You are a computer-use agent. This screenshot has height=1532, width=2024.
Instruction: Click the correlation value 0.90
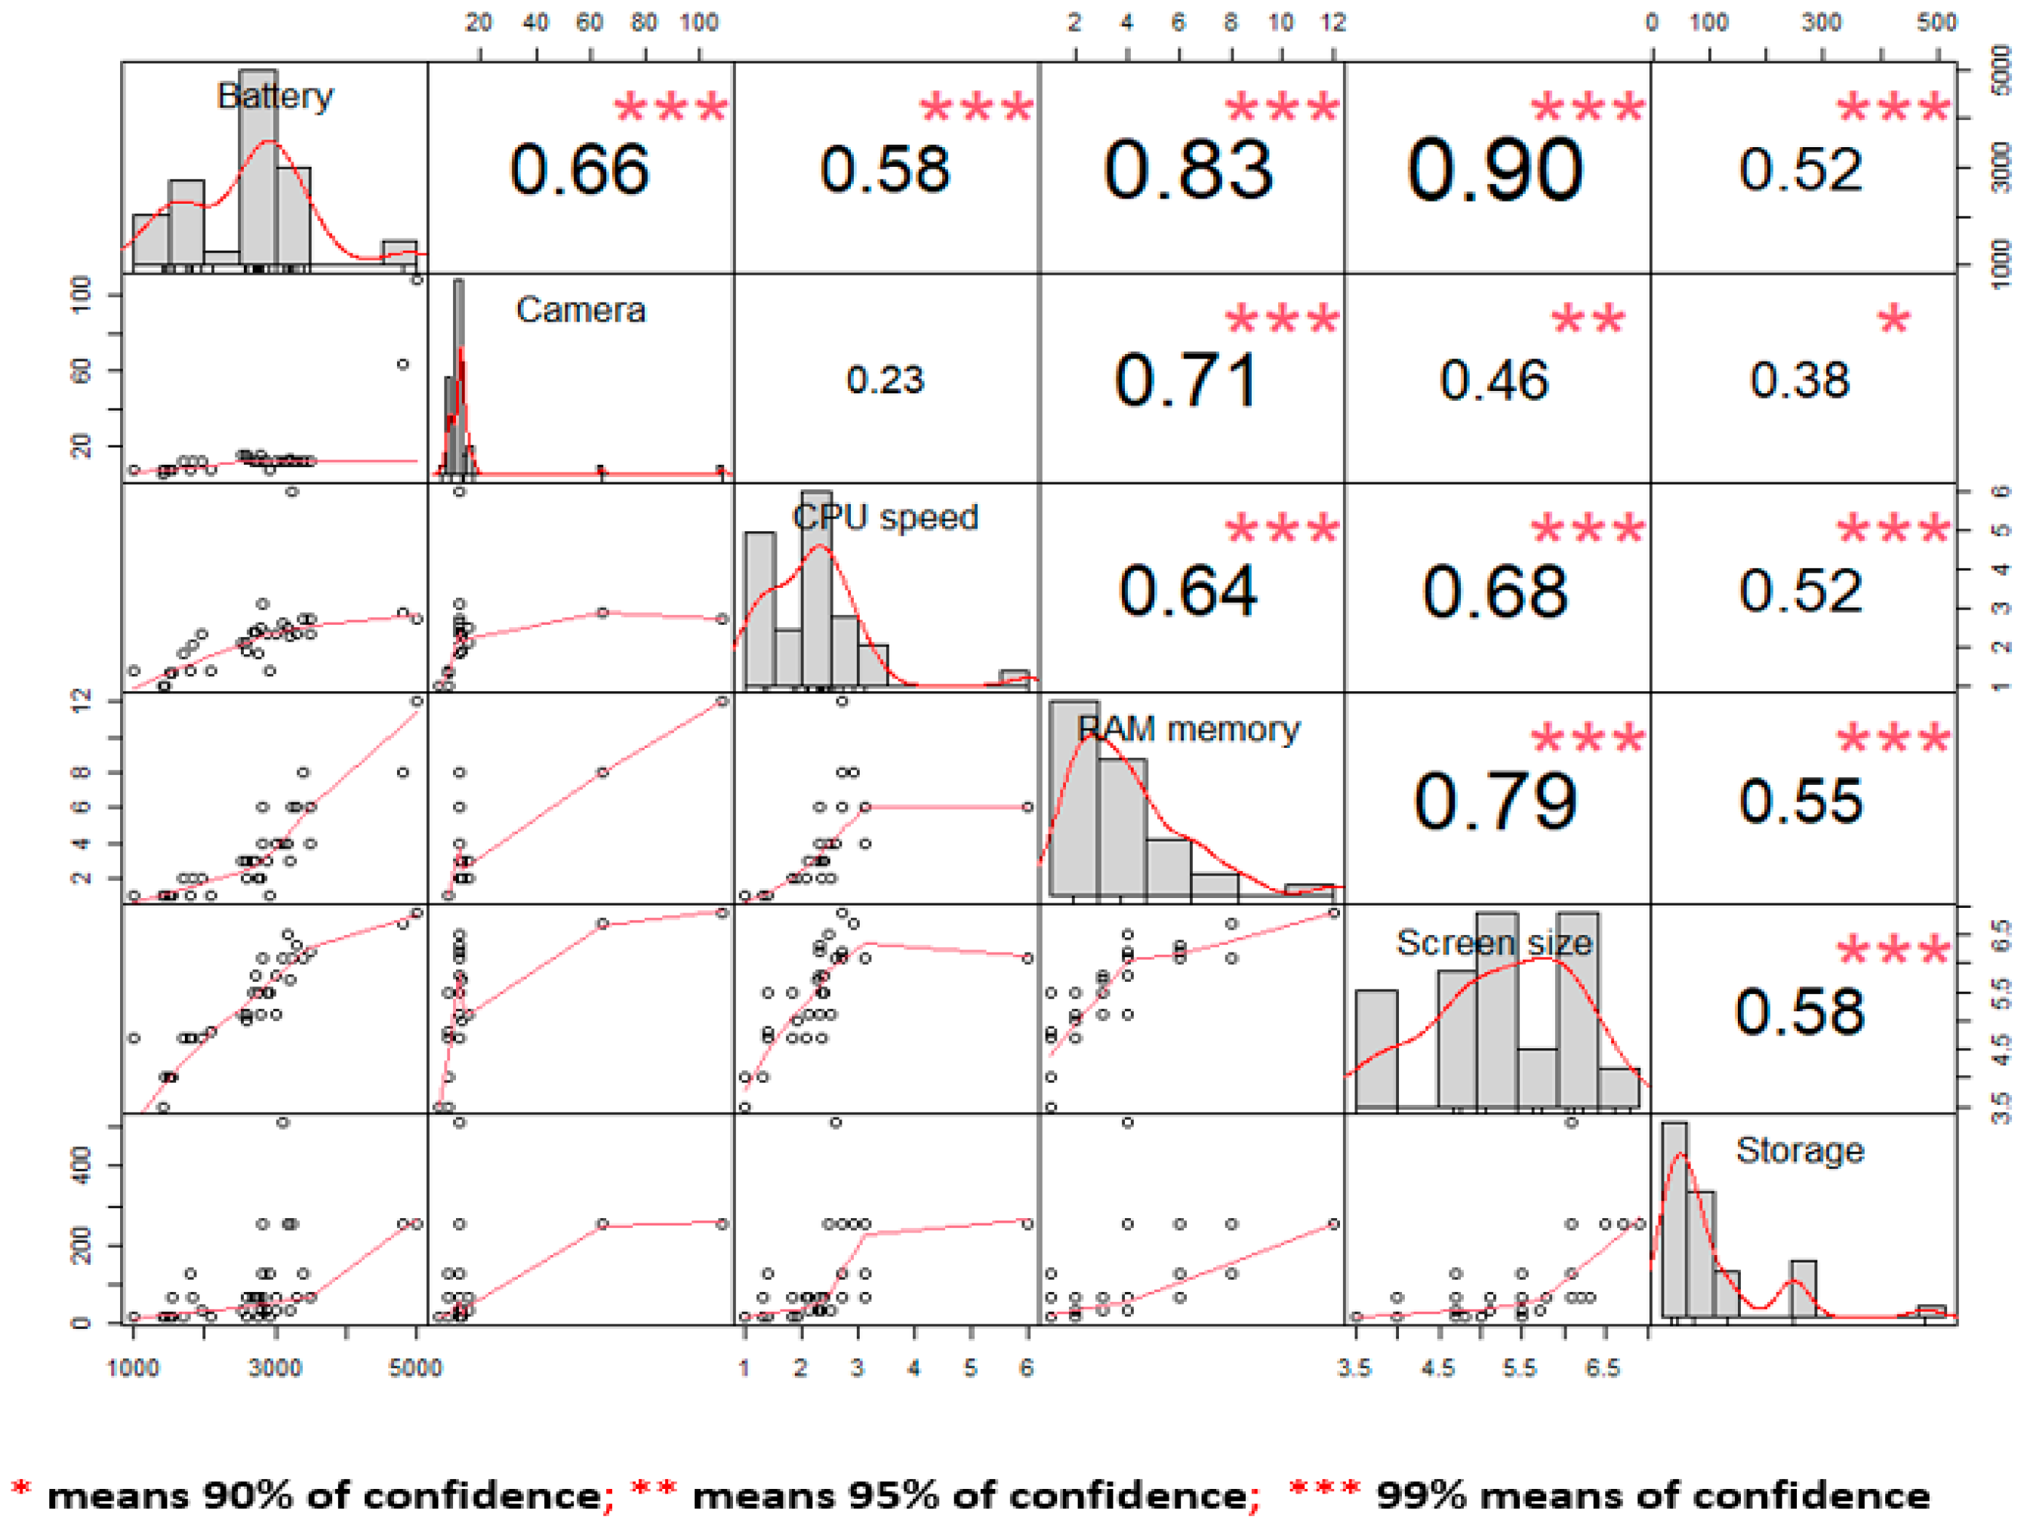click(1495, 171)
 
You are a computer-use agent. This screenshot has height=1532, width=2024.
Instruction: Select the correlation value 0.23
click(885, 380)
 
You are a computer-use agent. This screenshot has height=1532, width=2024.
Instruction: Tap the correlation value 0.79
click(1495, 802)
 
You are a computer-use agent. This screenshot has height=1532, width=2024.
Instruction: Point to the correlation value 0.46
click(1494, 380)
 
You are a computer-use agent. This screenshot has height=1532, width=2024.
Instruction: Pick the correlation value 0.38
click(1800, 380)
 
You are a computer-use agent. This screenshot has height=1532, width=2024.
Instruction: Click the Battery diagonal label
click(275, 96)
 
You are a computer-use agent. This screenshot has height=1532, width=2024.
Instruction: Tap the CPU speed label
click(885, 518)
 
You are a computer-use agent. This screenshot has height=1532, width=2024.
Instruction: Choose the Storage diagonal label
click(1800, 1149)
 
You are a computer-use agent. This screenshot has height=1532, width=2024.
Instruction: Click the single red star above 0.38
click(1893, 321)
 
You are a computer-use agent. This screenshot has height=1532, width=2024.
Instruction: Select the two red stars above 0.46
click(1588, 321)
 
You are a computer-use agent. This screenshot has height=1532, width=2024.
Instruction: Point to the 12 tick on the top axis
click(1333, 22)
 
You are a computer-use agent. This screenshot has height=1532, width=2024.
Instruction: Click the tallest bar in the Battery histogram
click(258, 169)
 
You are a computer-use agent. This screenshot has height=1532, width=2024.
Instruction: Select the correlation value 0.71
click(1188, 380)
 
